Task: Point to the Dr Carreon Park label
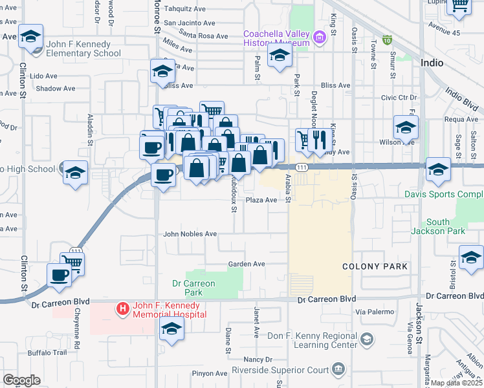pos(193,288)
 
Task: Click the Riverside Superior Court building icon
pos(338,370)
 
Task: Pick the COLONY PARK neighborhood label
pos(375,266)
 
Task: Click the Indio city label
pos(432,63)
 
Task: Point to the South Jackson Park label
pos(446,226)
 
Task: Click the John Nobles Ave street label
pos(190,234)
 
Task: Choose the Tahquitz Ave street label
pos(184,9)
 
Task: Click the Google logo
pos(21,380)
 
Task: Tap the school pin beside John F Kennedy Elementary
pos(30,38)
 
